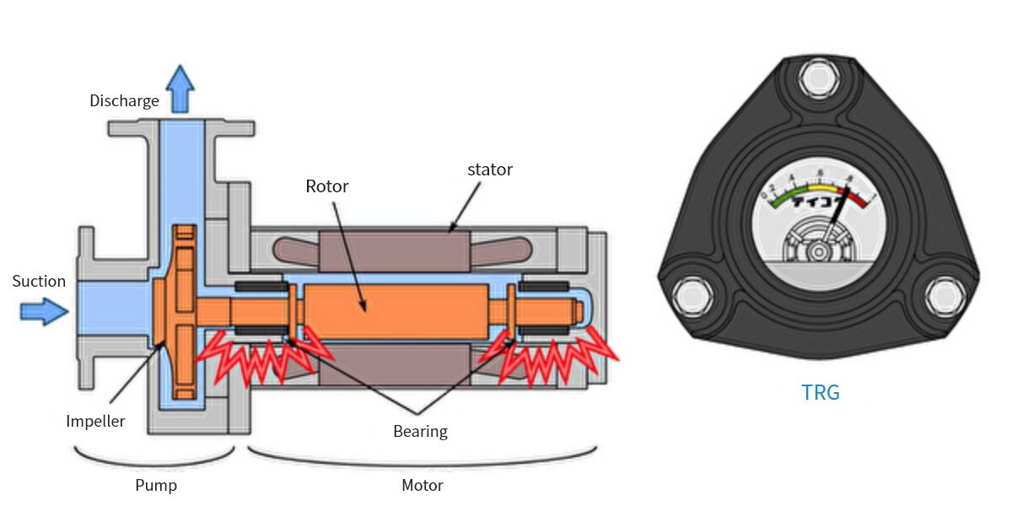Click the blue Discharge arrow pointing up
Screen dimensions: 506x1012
(180, 89)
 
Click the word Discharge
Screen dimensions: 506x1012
(124, 101)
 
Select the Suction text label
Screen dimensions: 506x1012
(39, 282)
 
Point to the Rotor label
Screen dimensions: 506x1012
(327, 186)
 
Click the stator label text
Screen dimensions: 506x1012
(490, 170)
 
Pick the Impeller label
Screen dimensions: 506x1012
(95, 421)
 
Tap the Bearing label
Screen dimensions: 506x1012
(420, 432)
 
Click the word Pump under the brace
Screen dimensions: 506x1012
(156, 486)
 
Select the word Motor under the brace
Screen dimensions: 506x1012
(422, 486)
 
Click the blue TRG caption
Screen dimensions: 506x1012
(821, 392)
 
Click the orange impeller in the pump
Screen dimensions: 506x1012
(184, 312)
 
